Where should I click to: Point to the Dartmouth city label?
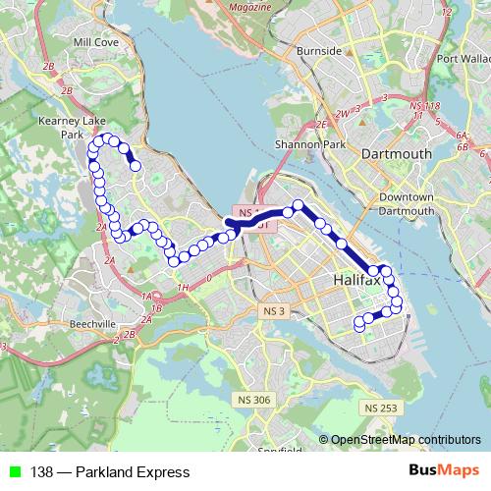tap(397, 154)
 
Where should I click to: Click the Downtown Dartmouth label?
tap(406, 203)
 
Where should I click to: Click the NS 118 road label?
tap(425, 105)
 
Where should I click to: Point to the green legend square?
tap(12, 472)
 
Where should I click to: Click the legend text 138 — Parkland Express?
tap(110, 472)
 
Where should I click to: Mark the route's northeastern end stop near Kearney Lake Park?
tap(136, 166)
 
